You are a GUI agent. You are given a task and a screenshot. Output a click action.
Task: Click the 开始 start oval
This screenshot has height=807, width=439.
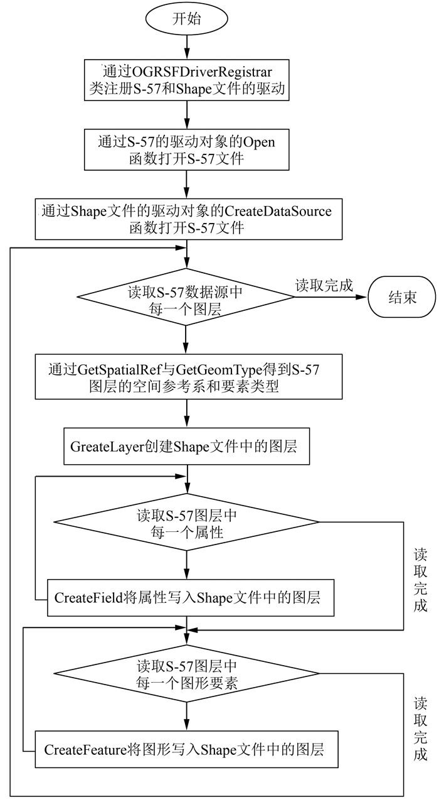pos(187,18)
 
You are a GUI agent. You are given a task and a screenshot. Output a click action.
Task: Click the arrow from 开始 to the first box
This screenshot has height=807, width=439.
pos(187,47)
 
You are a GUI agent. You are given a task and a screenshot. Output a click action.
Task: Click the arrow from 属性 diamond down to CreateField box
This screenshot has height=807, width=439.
pos(187,563)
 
